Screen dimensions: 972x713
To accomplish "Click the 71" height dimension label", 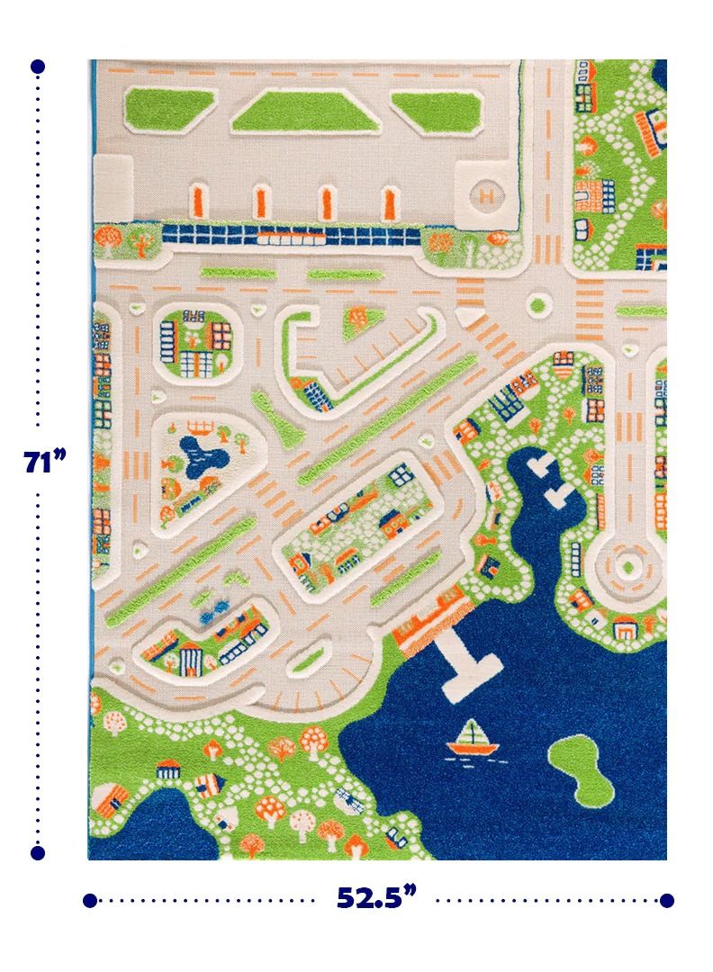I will click(x=44, y=462).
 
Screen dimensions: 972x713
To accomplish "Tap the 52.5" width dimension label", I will click(x=377, y=897).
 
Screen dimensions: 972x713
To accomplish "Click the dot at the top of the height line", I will click(x=38, y=67).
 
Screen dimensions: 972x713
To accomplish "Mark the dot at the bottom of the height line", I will click(x=38, y=851).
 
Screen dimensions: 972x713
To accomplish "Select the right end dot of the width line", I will click(x=666, y=900).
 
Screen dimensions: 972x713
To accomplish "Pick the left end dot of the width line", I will click(x=89, y=900).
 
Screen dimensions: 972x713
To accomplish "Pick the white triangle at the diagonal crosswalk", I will click(x=466, y=318).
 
